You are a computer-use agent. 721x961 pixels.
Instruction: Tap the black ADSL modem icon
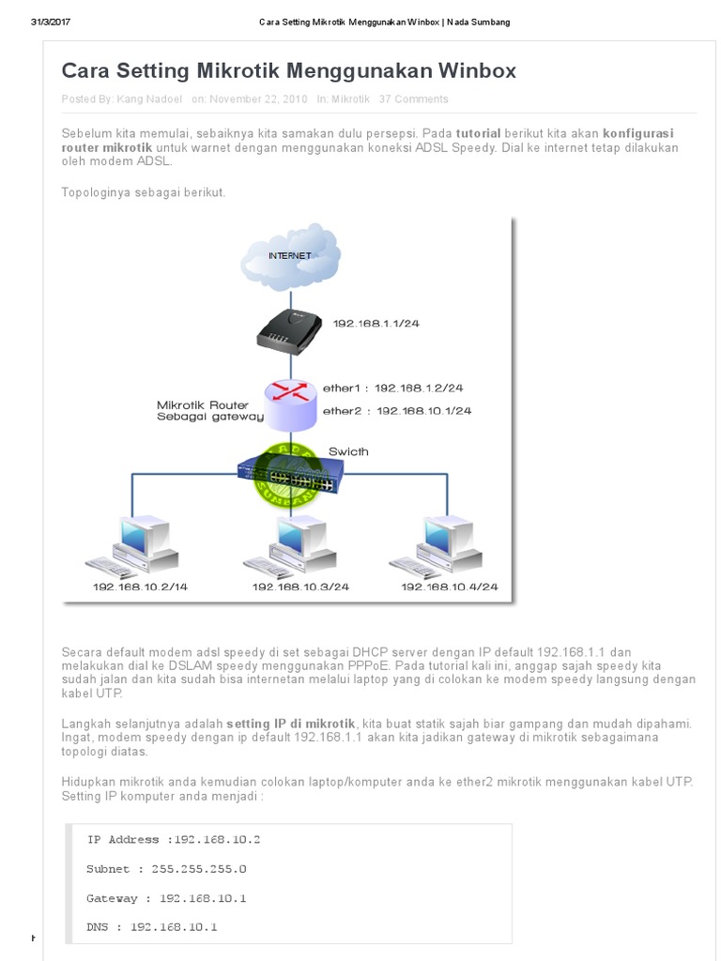click(x=290, y=329)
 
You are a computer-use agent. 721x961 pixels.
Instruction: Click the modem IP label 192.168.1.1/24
click(x=376, y=324)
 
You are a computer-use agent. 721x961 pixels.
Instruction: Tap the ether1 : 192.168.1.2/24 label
click(x=392, y=388)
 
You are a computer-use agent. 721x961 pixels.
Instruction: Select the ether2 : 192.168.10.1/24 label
click(x=396, y=411)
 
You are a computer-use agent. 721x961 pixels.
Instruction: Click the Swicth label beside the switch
click(x=348, y=451)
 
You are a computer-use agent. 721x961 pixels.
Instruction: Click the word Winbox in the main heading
click(x=476, y=71)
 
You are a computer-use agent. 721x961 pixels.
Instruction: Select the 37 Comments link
click(x=413, y=99)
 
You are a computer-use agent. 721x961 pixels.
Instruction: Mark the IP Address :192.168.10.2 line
click(x=174, y=840)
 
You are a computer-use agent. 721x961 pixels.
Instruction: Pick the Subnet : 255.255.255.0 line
click(x=166, y=869)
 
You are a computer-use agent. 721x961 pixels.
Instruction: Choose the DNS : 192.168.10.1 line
click(x=151, y=927)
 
